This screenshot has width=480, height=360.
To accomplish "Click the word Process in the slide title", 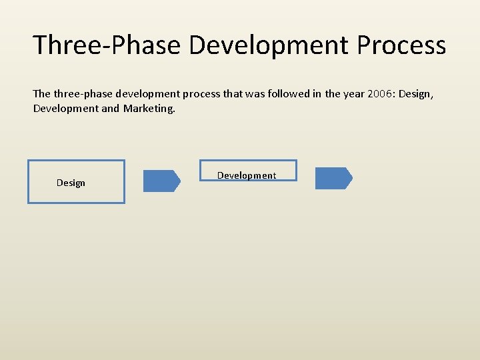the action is click(401, 45).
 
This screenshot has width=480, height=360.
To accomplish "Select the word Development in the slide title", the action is click(269, 46).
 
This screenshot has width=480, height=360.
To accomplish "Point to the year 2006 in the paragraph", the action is click(379, 94).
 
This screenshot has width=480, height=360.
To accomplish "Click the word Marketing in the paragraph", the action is click(149, 109).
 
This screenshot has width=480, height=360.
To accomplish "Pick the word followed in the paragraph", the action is click(289, 93).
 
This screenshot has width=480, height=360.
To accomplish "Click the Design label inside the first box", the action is click(71, 183).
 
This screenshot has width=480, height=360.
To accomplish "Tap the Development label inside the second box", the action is click(247, 175).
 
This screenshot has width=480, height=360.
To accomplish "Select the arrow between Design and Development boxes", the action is click(162, 181).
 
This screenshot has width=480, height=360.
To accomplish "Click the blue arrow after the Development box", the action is click(334, 178).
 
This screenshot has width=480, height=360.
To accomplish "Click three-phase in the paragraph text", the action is click(83, 94).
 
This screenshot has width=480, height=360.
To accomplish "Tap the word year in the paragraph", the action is click(353, 94).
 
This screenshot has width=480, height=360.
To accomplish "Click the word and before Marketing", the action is click(110, 109).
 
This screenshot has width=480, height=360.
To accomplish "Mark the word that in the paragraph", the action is click(233, 93).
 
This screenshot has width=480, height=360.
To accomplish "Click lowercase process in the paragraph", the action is click(201, 95).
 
